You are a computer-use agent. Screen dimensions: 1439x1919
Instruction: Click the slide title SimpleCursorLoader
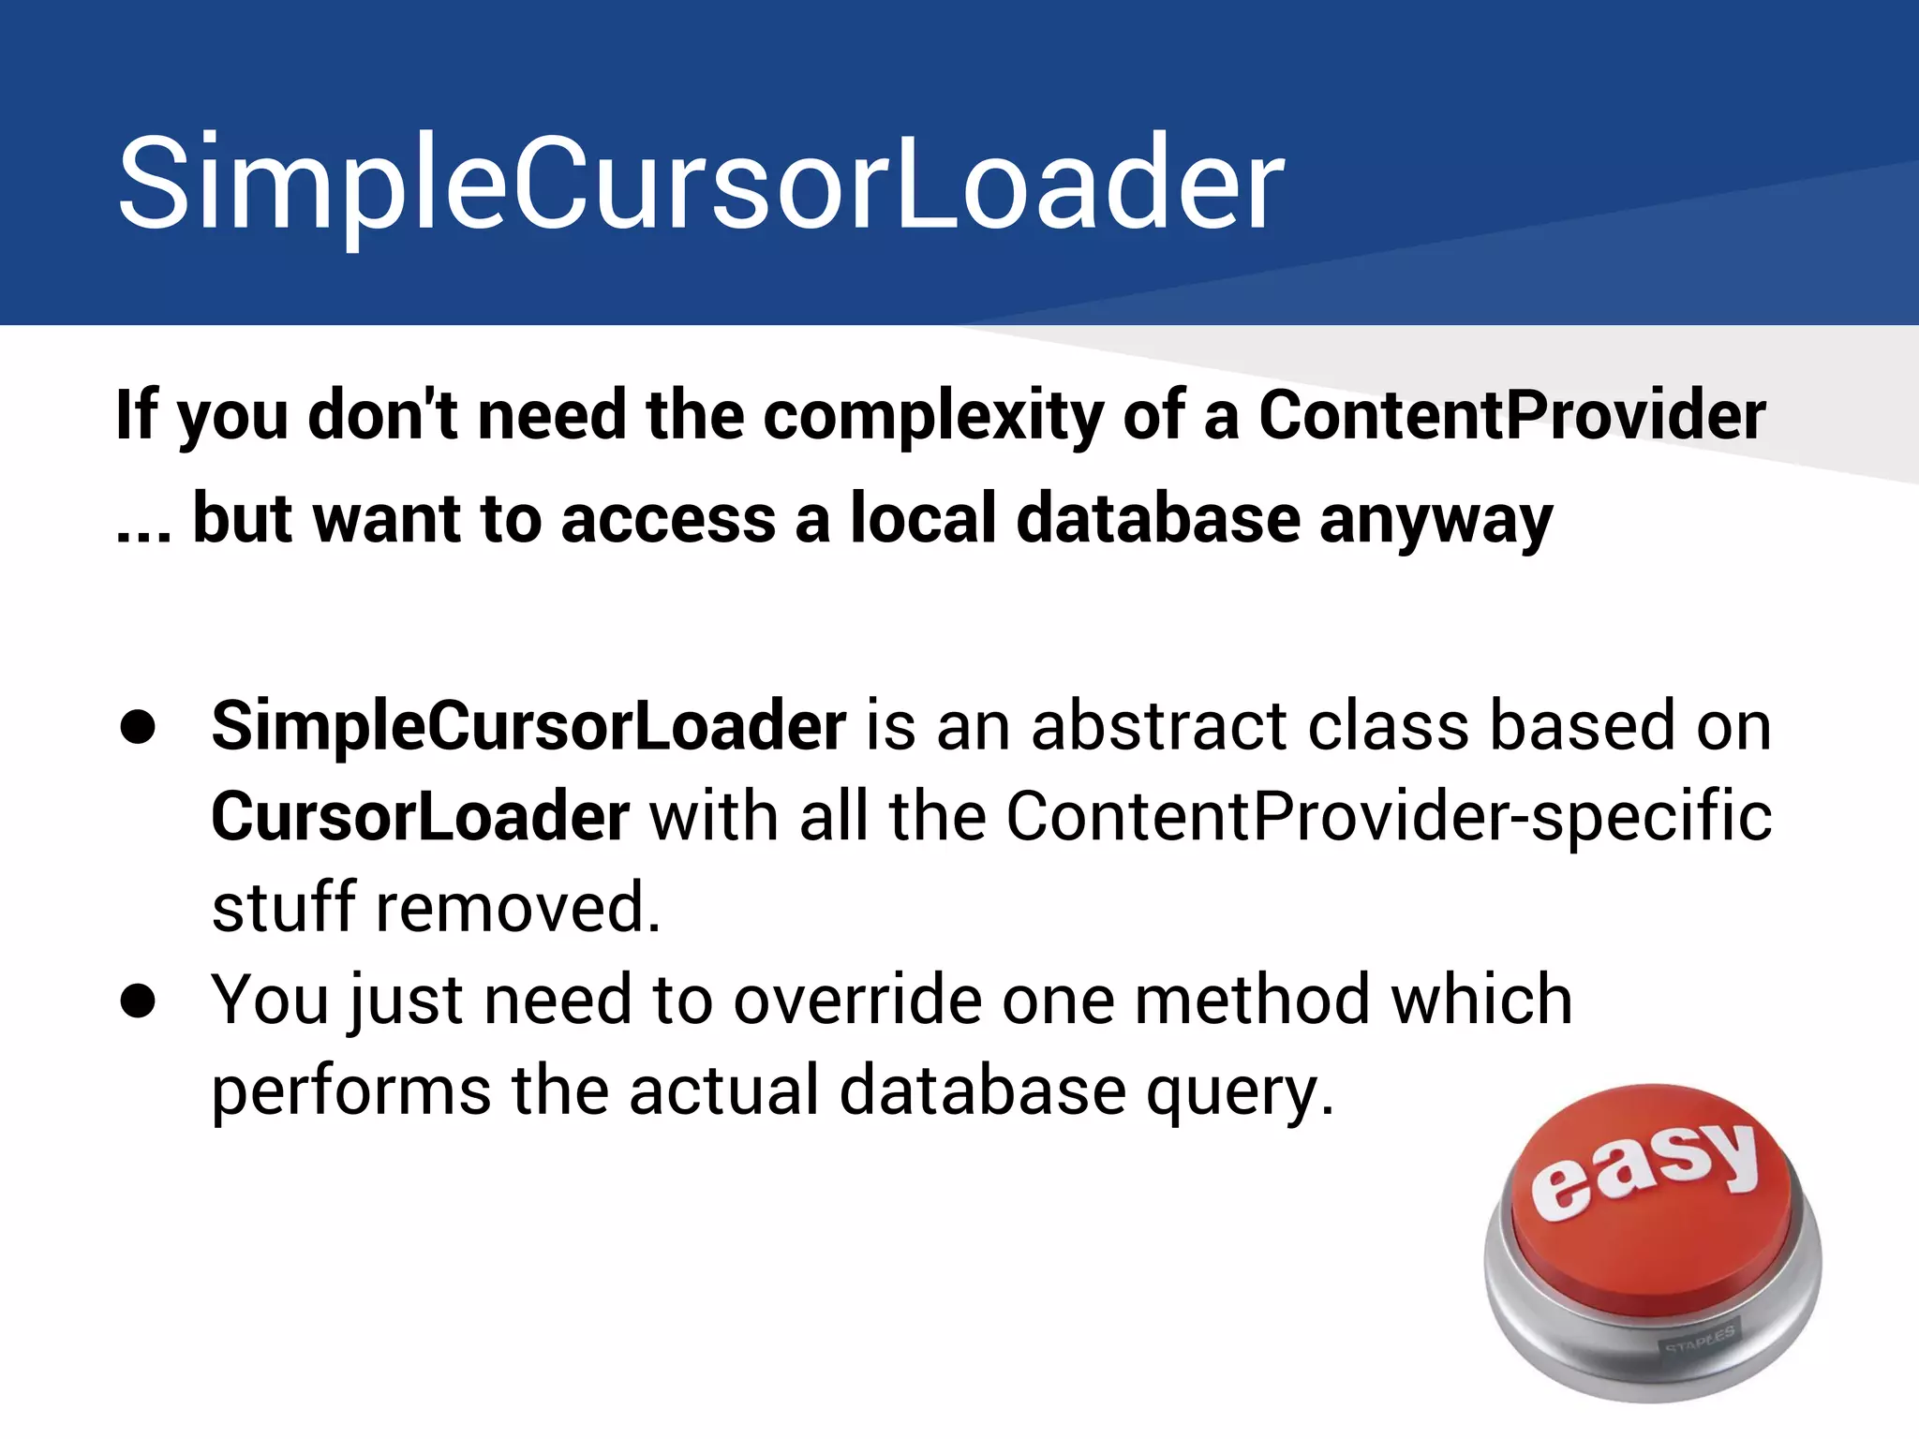coord(701,184)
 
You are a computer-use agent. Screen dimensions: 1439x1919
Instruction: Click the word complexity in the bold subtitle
coord(933,416)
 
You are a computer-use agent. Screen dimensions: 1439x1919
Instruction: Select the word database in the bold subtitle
coord(1158,519)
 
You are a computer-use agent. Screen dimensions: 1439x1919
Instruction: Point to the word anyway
coord(1436,521)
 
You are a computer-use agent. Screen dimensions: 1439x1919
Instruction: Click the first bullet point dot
coord(138,727)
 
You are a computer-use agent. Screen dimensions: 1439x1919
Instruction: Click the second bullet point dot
coord(138,1001)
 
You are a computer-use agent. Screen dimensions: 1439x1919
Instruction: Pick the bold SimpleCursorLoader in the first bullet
coord(528,727)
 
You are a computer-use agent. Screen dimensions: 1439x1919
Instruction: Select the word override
coord(856,999)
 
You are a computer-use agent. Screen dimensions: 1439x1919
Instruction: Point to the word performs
coord(351,1090)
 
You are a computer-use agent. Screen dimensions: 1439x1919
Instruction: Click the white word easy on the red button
coord(1645,1167)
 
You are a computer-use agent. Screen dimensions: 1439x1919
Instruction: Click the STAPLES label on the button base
coord(1699,1340)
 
